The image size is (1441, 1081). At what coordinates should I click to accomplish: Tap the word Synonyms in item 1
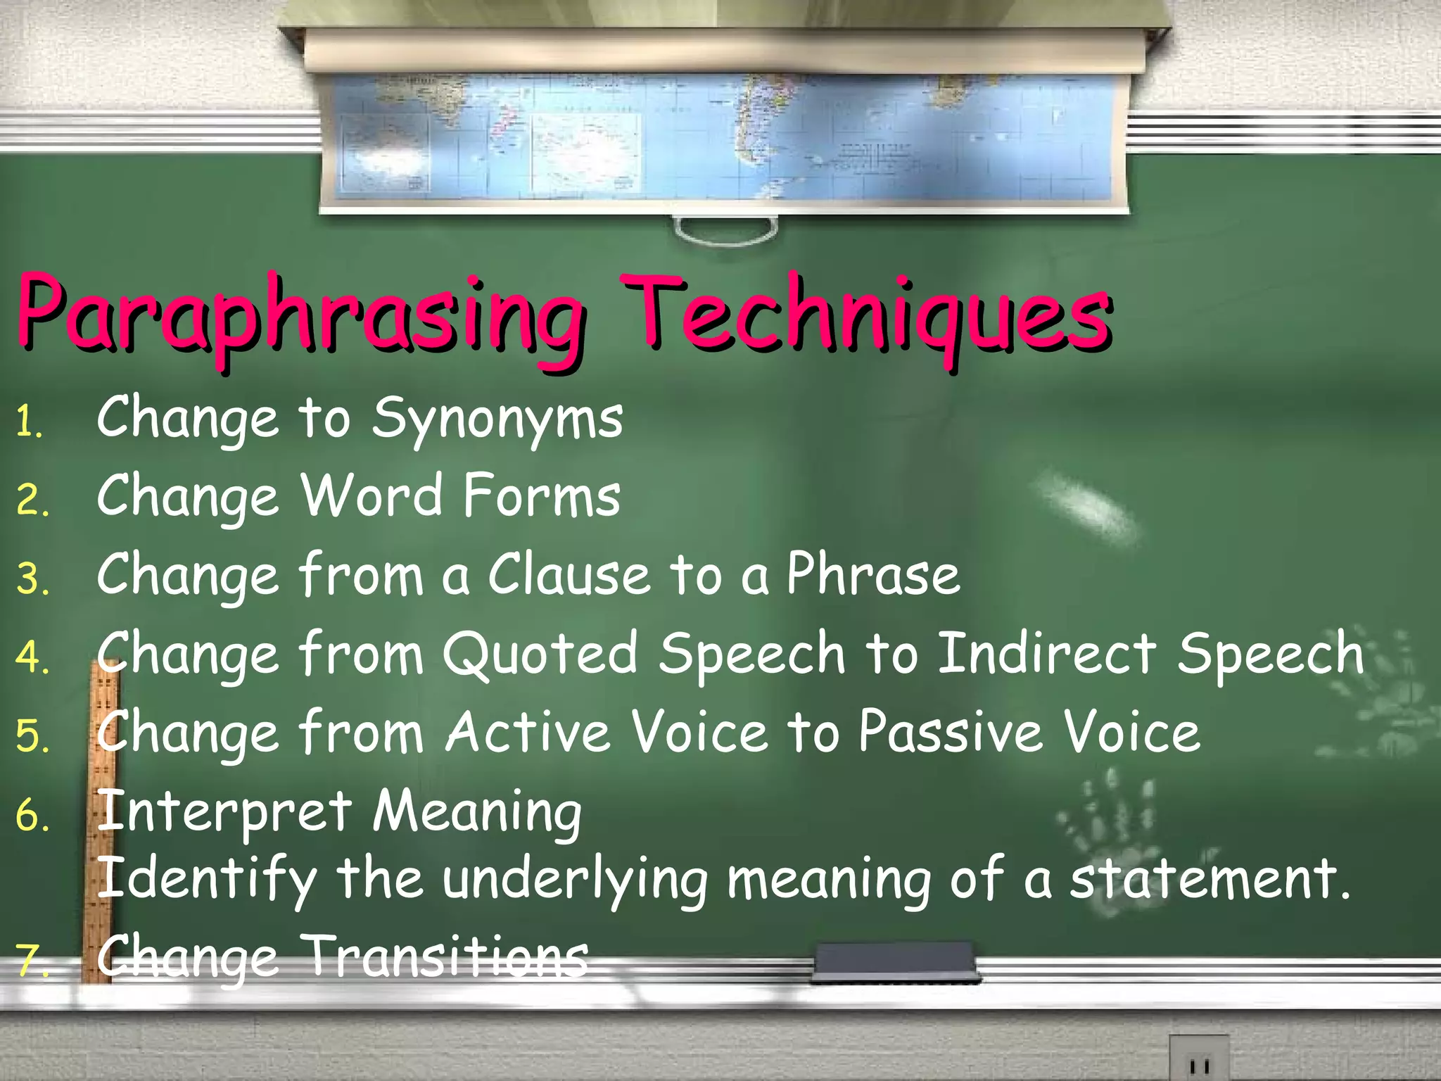point(497,419)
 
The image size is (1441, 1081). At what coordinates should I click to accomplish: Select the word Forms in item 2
point(542,496)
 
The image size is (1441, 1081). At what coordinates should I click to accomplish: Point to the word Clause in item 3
point(569,575)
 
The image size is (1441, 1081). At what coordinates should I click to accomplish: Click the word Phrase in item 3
point(873,575)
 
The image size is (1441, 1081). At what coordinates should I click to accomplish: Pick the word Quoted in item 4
point(540,655)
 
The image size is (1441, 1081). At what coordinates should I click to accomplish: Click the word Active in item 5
point(528,733)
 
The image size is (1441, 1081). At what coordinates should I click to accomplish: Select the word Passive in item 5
point(951,733)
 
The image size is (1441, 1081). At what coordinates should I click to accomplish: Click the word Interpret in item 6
point(224,813)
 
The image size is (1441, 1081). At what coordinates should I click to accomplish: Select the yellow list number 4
point(32,659)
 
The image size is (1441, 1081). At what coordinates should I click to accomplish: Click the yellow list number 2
point(32,501)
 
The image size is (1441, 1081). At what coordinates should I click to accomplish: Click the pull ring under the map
point(725,232)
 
